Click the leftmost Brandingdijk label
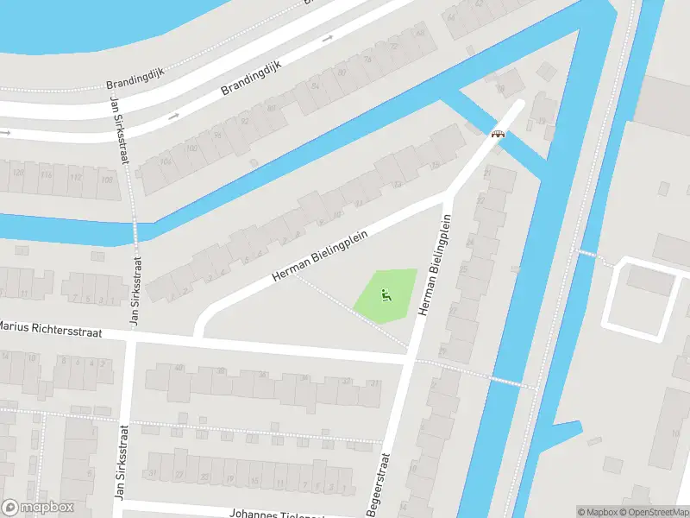134,84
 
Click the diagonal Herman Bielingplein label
320,256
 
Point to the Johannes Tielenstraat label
276,513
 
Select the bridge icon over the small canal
498,134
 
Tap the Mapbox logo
38,508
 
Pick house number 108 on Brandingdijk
107,180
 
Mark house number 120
17,173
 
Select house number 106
166,161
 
